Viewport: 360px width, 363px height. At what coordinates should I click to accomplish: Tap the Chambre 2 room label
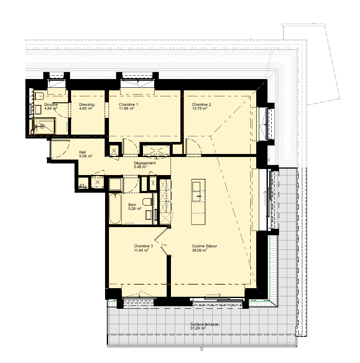(x=202, y=105)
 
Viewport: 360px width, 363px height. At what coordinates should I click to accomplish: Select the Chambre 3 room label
(x=143, y=246)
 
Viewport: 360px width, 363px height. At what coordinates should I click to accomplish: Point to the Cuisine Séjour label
(x=205, y=246)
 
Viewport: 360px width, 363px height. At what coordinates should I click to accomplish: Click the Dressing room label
(x=87, y=105)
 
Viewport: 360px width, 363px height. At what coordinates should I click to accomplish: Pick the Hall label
(x=83, y=152)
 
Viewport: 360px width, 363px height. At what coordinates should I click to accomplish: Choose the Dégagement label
(x=145, y=163)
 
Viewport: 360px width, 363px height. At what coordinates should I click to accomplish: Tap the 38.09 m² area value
(x=199, y=250)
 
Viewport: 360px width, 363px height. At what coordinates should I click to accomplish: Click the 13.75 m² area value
(x=199, y=108)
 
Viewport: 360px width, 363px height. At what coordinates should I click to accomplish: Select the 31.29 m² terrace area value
(x=198, y=328)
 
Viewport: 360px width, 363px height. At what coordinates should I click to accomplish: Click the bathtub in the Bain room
(x=115, y=209)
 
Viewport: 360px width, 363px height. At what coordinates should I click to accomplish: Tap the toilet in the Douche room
(x=39, y=95)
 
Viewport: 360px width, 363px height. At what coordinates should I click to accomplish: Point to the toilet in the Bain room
(x=147, y=202)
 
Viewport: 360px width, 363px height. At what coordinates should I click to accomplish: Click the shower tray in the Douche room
(x=44, y=126)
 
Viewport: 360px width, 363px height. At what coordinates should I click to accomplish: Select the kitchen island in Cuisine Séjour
(x=198, y=202)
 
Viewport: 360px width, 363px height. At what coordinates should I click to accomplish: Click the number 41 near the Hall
(x=81, y=185)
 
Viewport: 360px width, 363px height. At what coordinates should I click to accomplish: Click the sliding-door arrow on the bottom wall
(x=213, y=295)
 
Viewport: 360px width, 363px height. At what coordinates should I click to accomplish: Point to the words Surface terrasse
(x=205, y=324)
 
